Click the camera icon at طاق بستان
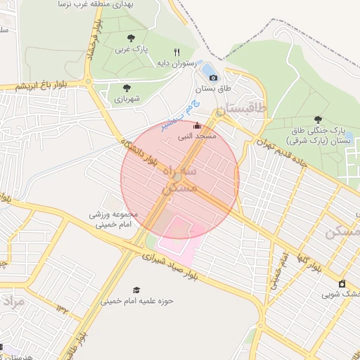214,77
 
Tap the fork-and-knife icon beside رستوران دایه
177,52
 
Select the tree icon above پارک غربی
131,38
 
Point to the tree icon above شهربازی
127,88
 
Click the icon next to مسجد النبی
196,126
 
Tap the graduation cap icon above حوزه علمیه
136,290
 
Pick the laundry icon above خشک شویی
342,283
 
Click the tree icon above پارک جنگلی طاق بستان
318,120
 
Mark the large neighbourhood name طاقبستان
242,108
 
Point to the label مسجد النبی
202,135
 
